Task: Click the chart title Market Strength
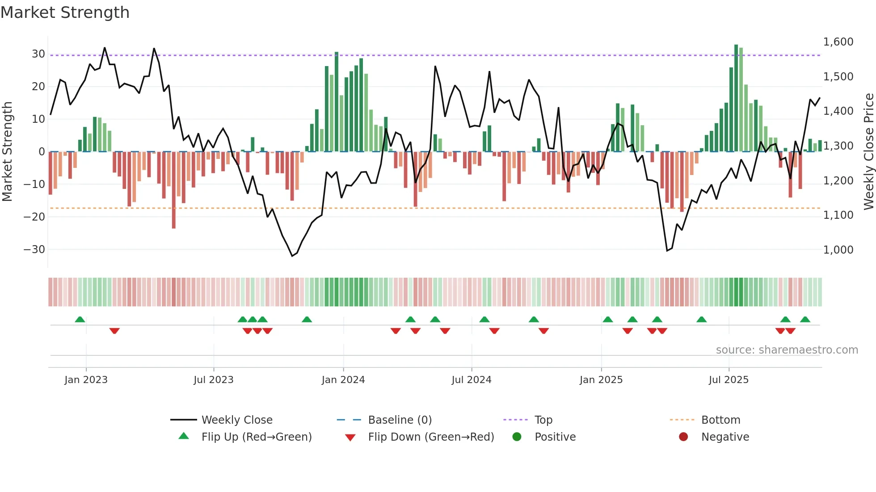[65, 13]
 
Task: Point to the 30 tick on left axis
[38, 54]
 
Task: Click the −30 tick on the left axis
[35, 250]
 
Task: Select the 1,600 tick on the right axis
[838, 42]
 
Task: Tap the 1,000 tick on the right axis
[838, 250]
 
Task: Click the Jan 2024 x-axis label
[343, 380]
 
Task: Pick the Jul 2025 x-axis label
[728, 380]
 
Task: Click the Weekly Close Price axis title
[868, 152]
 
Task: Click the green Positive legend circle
[517, 437]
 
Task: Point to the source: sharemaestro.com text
[787, 350]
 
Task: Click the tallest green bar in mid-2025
[736, 98]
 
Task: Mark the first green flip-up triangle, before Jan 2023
[80, 319]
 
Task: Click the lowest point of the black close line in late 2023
[292, 256]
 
